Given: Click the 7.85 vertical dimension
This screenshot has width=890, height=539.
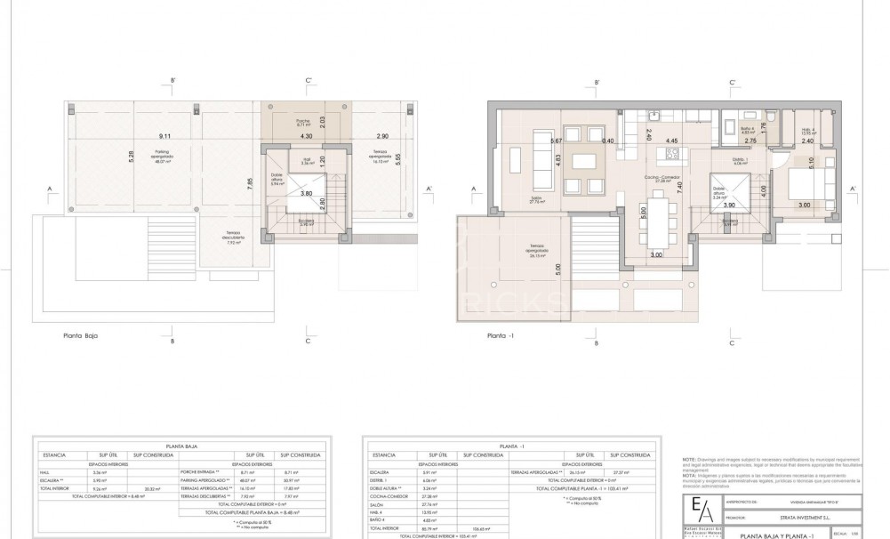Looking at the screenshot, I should point(252,184).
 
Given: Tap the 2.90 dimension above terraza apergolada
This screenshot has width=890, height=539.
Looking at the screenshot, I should point(381,136).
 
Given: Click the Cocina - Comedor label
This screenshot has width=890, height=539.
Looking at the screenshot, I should point(663,177).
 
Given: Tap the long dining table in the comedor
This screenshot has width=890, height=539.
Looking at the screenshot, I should point(659,223).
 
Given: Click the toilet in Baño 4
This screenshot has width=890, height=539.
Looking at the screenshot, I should point(772,118).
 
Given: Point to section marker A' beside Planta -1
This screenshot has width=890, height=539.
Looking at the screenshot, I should point(852,189).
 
